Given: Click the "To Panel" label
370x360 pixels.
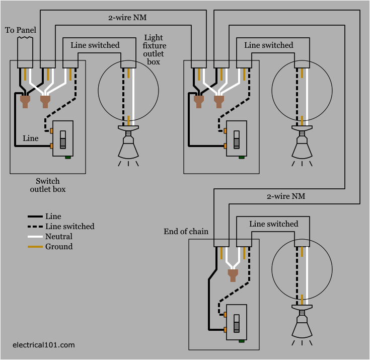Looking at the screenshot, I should click(21, 30).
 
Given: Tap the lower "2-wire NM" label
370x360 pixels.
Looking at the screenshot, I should click(285, 195).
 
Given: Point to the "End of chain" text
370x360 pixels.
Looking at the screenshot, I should click(186, 232).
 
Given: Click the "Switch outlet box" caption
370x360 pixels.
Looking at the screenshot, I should click(48, 185).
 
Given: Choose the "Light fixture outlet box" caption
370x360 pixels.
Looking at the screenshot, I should click(154, 50).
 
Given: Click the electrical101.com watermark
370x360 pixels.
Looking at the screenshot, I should click(44, 345).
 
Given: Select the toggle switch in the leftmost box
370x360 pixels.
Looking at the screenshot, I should click(63, 139).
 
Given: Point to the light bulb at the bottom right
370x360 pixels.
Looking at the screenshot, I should click(302, 324).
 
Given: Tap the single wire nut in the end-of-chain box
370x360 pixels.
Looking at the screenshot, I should click(233, 275).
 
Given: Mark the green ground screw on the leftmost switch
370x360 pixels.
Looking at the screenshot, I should click(68, 157).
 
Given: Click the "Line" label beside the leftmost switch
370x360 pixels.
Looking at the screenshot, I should click(30, 138).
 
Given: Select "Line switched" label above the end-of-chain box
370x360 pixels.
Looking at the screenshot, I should click(274, 224).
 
